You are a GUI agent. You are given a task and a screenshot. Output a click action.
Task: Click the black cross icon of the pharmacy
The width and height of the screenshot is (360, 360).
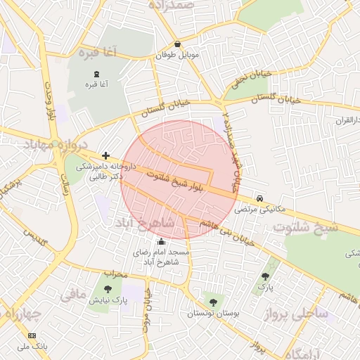(x=105, y=155)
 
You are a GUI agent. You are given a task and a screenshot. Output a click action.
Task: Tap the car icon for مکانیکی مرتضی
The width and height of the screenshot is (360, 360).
(x=261, y=198)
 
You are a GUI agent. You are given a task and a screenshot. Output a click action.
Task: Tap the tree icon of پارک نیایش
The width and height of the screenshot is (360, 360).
(x=107, y=289)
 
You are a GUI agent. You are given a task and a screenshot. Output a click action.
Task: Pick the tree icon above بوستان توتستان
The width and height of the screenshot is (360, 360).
(x=213, y=302)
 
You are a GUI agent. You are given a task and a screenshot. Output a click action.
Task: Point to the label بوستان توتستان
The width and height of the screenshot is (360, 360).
(x=213, y=313)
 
